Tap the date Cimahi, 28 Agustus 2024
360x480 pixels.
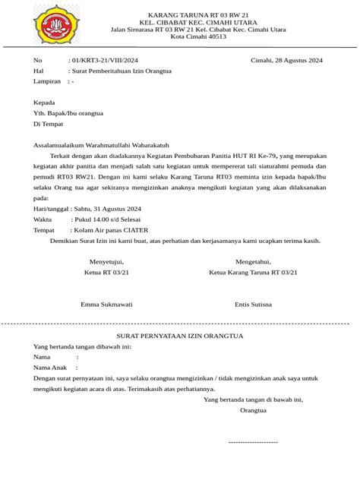pyautogui.click(x=287, y=59)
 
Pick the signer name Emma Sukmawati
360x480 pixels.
pyautogui.click(x=106, y=304)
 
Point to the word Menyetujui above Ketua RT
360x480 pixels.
pyautogui.click(x=106, y=261)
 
